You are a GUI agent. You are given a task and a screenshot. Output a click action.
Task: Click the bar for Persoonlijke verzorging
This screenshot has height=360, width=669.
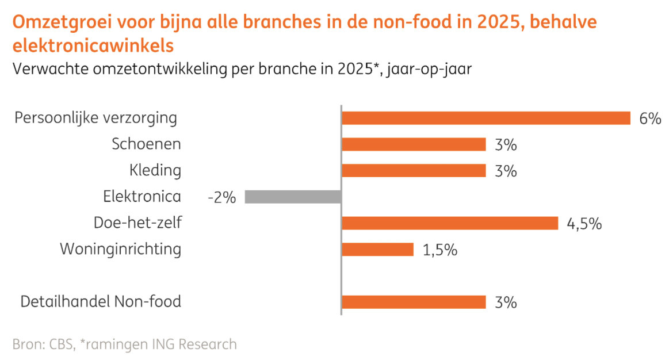point(486,118)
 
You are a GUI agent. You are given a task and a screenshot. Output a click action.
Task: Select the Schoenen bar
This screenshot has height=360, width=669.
point(414,144)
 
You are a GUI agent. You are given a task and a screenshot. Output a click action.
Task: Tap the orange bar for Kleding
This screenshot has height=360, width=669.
point(414,171)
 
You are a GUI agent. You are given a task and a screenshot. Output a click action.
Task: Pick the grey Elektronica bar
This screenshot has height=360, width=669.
point(293,197)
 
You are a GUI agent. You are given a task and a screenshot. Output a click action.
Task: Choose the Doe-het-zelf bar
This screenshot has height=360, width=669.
point(450,223)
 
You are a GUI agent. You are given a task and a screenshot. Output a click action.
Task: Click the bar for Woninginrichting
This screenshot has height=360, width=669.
point(378,249)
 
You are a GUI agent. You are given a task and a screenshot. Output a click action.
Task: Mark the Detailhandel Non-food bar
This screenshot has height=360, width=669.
point(414,302)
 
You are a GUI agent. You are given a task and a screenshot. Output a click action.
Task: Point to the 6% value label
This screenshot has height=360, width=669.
point(650,118)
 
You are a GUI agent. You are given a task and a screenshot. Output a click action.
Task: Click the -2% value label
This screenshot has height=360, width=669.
point(222,197)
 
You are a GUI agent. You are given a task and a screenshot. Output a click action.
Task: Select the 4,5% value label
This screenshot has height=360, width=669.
point(584,224)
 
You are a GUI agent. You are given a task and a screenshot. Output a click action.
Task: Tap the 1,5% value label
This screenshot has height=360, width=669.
point(440,250)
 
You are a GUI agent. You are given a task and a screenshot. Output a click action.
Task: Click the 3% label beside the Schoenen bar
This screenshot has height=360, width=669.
point(506,145)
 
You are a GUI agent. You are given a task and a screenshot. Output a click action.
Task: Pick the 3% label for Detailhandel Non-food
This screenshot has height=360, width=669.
point(506,302)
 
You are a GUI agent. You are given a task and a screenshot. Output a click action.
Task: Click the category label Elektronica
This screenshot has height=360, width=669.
point(142,197)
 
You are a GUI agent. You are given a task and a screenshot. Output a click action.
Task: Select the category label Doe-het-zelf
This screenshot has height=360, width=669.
point(137,223)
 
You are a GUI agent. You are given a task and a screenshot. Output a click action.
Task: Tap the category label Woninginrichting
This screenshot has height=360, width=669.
point(120,250)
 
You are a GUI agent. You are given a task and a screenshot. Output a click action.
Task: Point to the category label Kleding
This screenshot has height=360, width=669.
point(155,171)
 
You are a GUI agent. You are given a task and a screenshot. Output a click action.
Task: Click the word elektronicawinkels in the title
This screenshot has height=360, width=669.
point(93,44)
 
